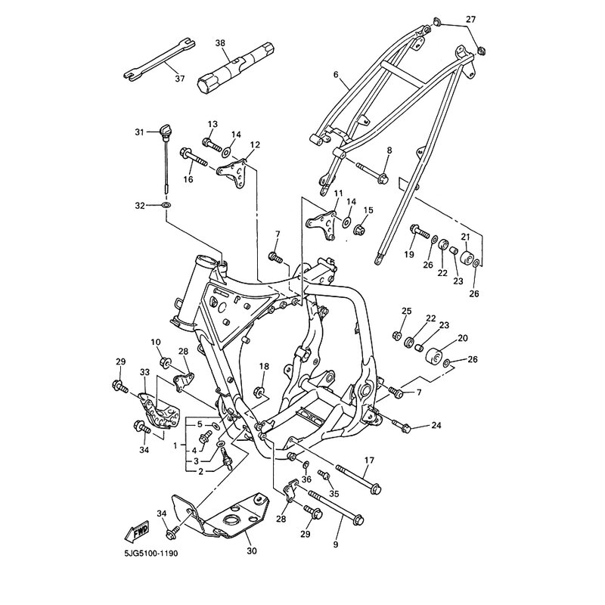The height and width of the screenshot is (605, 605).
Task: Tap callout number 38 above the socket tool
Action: point(220,43)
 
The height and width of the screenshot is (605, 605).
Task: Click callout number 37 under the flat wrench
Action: point(180,79)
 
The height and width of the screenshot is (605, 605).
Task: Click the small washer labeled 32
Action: point(166,204)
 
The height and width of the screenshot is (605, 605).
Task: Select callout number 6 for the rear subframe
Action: point(336,74)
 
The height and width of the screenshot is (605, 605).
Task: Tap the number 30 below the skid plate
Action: point(251,551)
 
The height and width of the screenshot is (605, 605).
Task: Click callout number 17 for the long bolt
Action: point(369,461)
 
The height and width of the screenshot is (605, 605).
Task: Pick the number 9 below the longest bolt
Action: point(336,544)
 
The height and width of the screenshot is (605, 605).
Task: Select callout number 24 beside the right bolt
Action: point(436,426)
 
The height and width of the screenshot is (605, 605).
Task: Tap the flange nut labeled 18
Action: point(259,392)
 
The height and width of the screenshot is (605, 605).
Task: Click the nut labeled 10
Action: point(166,362)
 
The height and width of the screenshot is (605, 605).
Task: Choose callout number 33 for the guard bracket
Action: point(144,372)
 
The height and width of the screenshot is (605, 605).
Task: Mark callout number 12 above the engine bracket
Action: point(255,144)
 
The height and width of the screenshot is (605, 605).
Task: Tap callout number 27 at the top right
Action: point(470,19)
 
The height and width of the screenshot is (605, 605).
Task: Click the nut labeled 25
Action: point(396,336)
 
